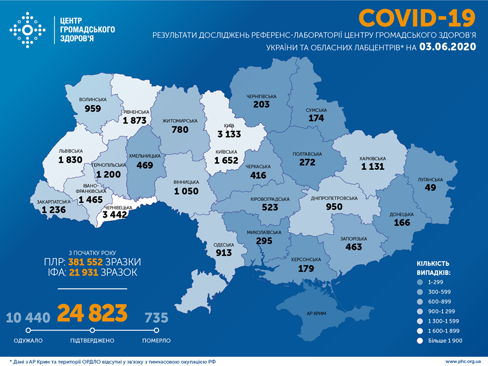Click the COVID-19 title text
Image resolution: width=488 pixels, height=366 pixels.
point(417,18)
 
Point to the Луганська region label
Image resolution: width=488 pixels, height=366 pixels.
point(430,179)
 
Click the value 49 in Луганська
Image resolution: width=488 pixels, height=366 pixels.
point(430,188)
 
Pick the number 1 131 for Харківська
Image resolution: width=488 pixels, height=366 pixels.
point(374,166)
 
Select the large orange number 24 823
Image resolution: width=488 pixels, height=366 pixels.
point(92,314)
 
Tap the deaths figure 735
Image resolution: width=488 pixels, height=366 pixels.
point(156,318)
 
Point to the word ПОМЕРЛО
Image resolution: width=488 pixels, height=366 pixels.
point(156,341)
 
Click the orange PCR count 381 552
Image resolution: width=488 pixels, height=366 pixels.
point(84,262)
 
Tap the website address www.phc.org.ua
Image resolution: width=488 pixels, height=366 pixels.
point(464,361)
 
